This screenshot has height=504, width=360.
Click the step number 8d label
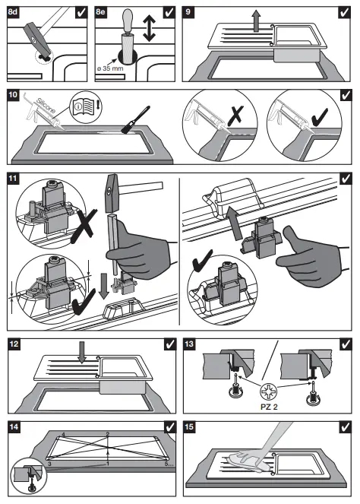[12, 12]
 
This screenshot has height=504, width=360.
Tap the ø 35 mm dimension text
[110, 68]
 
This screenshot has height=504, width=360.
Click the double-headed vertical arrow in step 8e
[149, 28]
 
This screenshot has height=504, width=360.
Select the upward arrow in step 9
[256, 21]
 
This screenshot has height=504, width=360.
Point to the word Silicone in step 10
[46, 105]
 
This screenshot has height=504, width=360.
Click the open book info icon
[86, 106]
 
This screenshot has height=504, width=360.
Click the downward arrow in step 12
[82, 352]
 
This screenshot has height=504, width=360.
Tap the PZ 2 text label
[269, 407]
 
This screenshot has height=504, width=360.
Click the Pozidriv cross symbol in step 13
[268, 391]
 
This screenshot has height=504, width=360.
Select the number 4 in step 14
[63, 435]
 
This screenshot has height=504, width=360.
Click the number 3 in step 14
[49, 464]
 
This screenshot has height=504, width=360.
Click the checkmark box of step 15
[346, 427]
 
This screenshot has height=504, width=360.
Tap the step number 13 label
[189, 344]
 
